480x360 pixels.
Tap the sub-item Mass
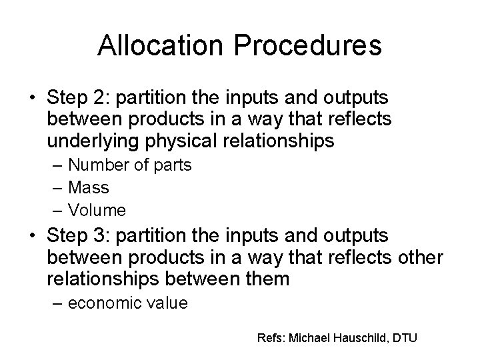[x=89, y=188]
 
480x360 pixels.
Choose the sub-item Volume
[x=97, y=211]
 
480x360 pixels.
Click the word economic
[x=106, y=303]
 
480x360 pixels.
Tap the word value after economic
[x=167, y=303]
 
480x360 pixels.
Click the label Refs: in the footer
[x=271, y=337]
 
